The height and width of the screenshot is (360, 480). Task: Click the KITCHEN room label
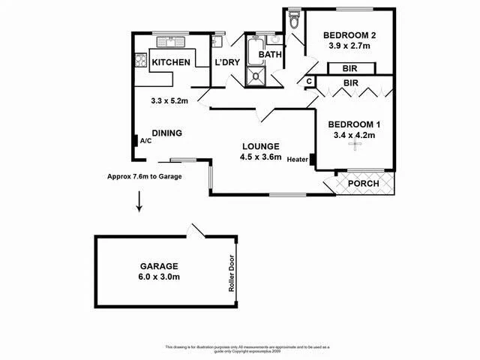171,63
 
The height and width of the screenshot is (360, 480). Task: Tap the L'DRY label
226,63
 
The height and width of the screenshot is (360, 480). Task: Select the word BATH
269,55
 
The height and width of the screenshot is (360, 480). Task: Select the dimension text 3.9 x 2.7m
349,46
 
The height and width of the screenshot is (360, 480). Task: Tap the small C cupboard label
309,81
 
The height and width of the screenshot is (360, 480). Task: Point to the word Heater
296,159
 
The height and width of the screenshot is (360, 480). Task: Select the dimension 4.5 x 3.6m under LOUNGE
260,157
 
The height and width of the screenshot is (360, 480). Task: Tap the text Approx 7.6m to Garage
154,177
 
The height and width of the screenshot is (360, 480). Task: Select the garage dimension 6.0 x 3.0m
157,277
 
